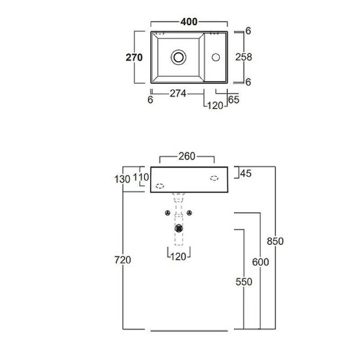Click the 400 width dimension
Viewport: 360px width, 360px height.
(189, 22)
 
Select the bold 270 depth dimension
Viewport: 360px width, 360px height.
(134, 58)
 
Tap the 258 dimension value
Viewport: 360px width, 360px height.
(244, 57)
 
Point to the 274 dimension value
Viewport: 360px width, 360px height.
(178, 94)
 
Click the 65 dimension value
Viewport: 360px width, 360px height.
(234, 100)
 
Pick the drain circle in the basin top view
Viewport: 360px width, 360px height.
(178, 57)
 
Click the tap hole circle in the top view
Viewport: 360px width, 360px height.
(216, 58)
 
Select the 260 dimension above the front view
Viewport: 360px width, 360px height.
(187, 157)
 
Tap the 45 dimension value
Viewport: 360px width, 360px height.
(245, 173)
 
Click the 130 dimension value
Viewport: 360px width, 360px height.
(122, 179)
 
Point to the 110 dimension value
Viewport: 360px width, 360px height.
(141, 177)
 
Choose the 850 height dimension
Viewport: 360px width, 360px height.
(275, 241)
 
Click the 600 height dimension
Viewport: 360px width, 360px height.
(260, 262)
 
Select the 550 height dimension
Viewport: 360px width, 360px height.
(244, 282)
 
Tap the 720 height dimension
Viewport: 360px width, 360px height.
(123, 260)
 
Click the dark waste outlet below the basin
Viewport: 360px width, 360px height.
(179, 228)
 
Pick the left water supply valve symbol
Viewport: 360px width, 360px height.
(168, 213)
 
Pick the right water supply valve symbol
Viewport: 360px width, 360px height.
(189, 213)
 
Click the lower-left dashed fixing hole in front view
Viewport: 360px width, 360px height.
(160, 186)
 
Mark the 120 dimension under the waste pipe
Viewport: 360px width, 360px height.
(178, 257)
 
